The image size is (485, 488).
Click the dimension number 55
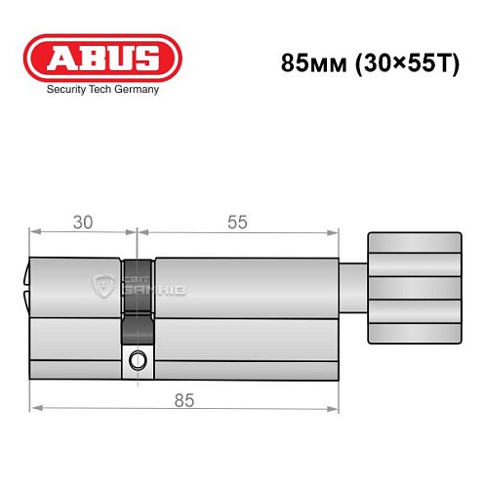pyautogui.click(x=236, y=223)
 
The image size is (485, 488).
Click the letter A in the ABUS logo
pyautogui.click(x=58, y=56)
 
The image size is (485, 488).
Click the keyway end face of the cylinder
pyautogui.click(x=26, y=283)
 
